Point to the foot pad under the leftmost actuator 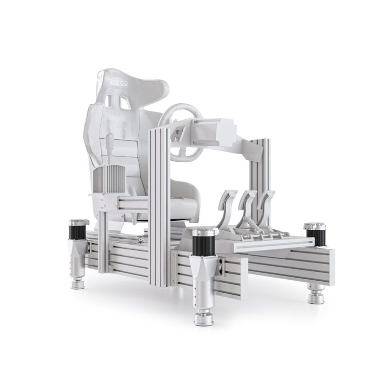(x=78, y=284)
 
